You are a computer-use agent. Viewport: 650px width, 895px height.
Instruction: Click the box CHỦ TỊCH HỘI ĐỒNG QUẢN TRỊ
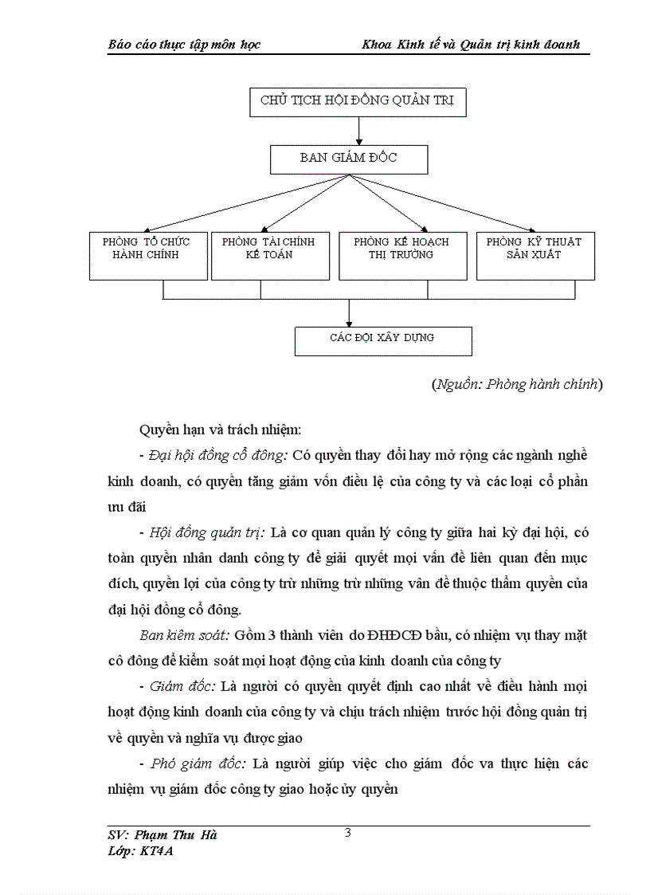(x=358, y=100)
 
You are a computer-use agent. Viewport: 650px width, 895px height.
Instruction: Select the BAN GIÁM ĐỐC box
(x=349, y=159)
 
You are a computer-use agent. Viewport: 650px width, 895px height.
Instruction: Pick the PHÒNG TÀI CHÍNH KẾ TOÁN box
(x=268, y=255)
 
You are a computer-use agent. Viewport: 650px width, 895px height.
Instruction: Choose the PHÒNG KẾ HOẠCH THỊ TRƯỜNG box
(x=401, y=255)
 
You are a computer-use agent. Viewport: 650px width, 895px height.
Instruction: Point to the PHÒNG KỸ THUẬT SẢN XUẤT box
(x=534, y=255)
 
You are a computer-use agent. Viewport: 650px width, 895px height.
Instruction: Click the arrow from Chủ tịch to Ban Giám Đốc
(x=358, y=130)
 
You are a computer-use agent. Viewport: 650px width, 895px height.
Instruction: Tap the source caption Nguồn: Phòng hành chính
(x=517, y=385)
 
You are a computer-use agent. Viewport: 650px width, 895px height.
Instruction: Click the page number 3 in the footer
(x=348, y=834)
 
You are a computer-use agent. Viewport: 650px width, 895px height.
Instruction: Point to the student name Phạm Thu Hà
(x=162, y=835)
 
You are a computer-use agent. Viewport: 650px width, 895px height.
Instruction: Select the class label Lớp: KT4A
(x=140, y=850)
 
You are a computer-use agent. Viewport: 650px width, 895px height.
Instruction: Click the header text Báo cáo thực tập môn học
(x=184, y=45)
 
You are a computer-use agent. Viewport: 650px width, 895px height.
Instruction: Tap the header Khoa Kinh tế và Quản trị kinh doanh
(x=471, y=45)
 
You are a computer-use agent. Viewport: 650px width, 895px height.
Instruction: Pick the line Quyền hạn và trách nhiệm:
(x=220, y=430)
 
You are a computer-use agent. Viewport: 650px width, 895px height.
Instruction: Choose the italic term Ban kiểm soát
(x=184, y=635)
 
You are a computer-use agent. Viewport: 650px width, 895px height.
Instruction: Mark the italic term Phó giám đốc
(x=198, y=763)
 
